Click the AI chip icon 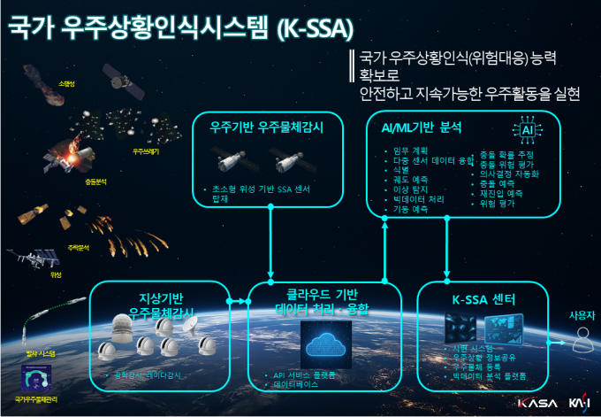coord(527,131)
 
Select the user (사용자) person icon coord(582,336)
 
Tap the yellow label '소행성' coord(66,83)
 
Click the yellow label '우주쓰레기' coord(146,151)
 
